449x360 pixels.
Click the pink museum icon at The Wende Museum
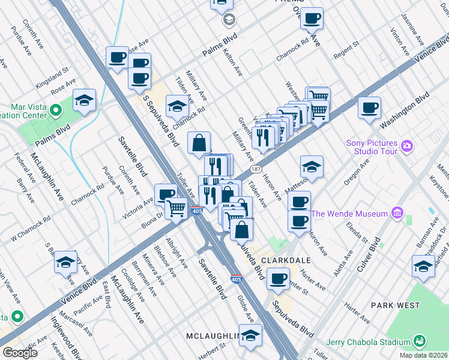tap(396, 212)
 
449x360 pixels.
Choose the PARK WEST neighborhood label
tap(395, 305)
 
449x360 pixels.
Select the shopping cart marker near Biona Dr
tap(176, 209)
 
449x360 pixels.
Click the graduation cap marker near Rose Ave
tap(85, 101)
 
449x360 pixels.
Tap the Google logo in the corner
tap(20, 353)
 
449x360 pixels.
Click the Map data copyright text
tap(423, 355)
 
